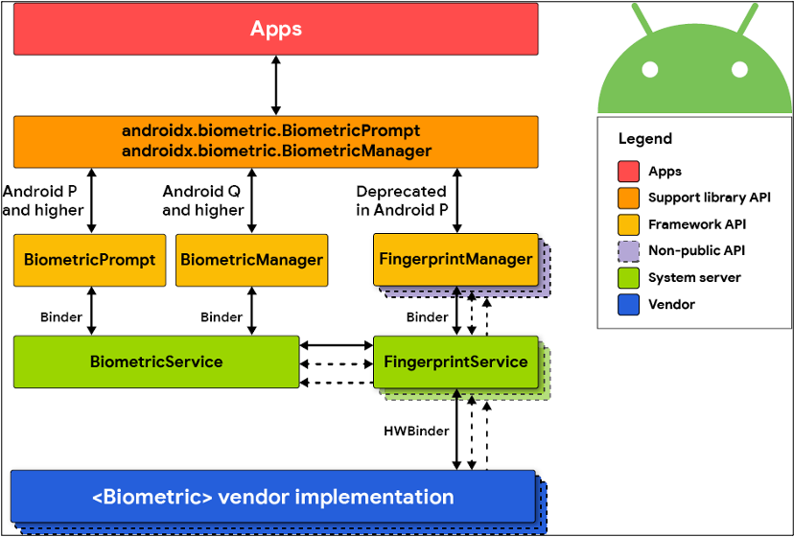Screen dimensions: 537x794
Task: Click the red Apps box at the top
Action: point(276,29)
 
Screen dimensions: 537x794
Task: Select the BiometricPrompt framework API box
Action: point(89,259)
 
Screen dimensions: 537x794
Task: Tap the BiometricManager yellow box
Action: point(251,259)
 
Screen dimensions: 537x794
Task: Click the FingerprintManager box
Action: point(455,259)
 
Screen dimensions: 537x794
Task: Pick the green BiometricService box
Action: point(155,362)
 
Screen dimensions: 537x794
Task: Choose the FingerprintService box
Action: point(455,362)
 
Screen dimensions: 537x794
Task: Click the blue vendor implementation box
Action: point(273,497)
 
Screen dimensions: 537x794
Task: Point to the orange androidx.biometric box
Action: point(276,141)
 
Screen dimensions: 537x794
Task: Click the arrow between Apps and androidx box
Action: point(276,85)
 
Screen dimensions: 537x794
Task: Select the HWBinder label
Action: point(416,431)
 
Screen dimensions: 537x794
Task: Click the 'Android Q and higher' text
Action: point(202,200)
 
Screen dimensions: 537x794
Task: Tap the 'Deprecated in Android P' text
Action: point(401,200)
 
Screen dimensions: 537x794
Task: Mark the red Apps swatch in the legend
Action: point(628,172)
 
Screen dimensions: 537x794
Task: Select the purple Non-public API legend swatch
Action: point(628,251)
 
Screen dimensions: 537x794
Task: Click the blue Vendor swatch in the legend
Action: point(628,304)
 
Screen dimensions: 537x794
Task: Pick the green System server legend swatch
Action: point(628,278)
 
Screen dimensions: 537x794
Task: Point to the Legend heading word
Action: point(644,138)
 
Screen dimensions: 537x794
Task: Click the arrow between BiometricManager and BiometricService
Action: point(251,310)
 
